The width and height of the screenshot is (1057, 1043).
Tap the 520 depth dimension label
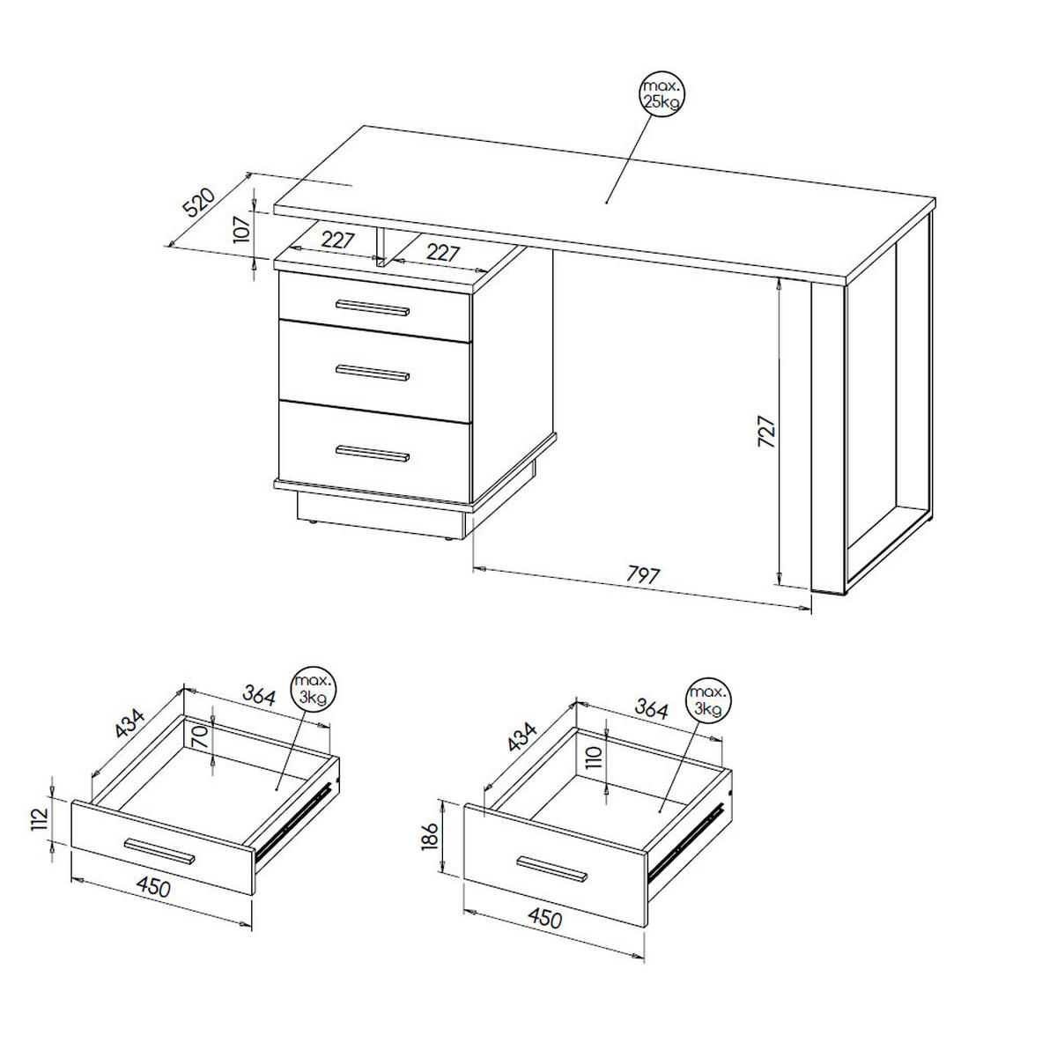[200, 203]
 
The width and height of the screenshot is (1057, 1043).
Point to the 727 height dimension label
[767, 432]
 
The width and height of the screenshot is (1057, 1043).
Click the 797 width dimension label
[643, 574]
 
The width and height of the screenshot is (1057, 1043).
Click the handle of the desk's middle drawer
[373, 373]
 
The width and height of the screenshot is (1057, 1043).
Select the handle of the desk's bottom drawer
[373, 454]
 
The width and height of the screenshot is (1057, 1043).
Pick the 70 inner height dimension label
[201, 737]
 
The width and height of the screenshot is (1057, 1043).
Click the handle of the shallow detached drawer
[159, 850]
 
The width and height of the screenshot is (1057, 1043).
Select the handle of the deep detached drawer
[551, 869]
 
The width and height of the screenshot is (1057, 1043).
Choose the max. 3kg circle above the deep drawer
[709, 700]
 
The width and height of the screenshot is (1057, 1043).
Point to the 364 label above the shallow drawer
[258, 696]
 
